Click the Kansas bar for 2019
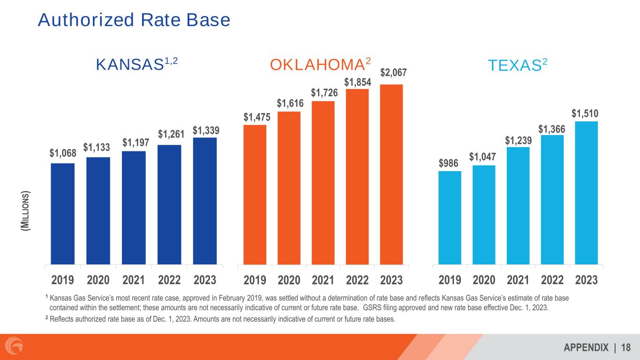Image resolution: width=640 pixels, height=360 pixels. (x=62, y=214)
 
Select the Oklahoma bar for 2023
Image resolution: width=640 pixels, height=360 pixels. (x=392, y=174)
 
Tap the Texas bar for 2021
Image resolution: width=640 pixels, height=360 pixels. (x=518, y=206)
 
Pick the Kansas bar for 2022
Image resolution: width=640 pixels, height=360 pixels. (x=169, y=204)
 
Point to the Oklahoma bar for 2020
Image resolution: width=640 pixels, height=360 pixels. (x=289, y=188)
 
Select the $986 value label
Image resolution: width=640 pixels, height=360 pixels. (x=450, y=163)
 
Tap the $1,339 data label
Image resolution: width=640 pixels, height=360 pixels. (x=205, y=129)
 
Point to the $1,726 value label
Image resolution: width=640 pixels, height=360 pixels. (x=324, y=93)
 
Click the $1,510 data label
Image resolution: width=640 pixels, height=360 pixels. (x=587, y=113)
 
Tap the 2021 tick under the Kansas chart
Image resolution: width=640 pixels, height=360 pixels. (x=134, y=280)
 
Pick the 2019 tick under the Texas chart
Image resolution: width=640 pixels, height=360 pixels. (x=450, y=280)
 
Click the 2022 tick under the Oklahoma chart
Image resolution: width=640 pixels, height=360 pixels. (x=358, y=280)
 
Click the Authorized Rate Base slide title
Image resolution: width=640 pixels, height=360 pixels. (x=134, y=20)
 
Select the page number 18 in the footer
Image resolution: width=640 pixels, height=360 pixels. (x=625, y=347)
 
